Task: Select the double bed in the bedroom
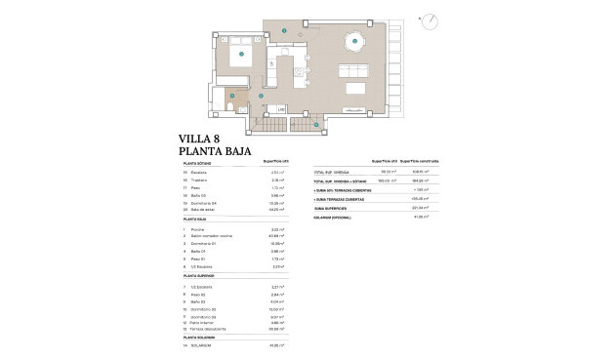click(x=239, y=56)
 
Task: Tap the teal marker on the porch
click(x=283, y=31)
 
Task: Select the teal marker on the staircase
click(x=315, y=125)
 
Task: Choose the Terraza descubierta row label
click(x=214, y=329)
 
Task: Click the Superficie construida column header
click(x=421, y=162)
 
